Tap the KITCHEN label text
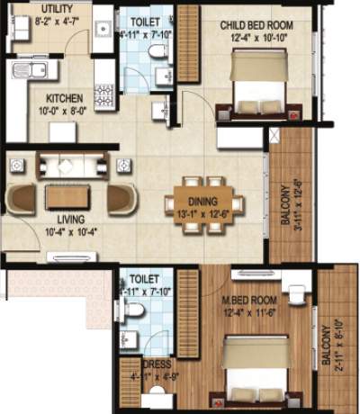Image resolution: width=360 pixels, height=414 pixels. coord(60,96)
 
